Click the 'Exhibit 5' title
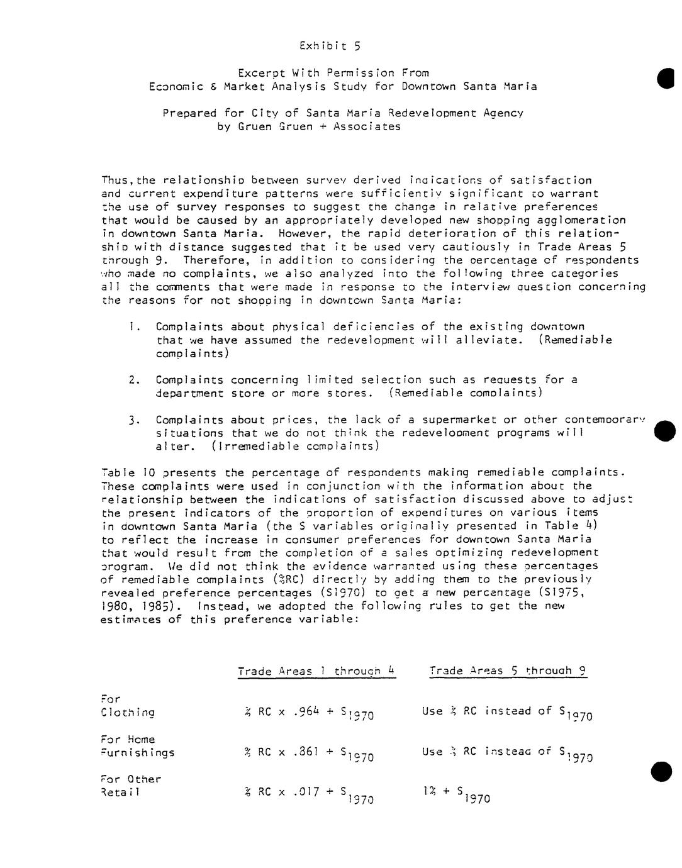330,46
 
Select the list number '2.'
133,380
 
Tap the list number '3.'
133,420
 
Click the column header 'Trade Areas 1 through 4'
316,671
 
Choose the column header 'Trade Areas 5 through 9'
508,670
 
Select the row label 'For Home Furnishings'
137,746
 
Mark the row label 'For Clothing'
127,706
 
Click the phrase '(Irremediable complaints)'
295,447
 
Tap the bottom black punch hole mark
662,771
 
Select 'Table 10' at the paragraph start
123,473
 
